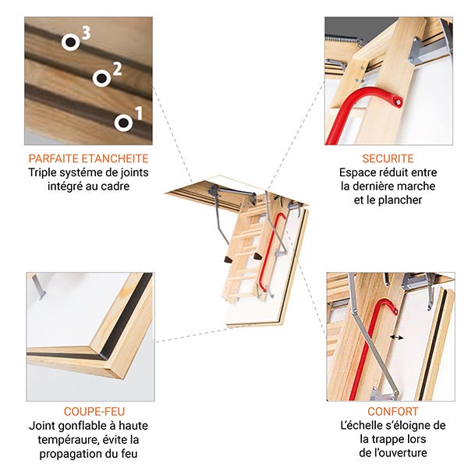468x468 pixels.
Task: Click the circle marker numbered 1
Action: click(122, 122)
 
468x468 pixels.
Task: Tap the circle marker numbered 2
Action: click(101, 78)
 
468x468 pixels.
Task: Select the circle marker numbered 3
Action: click(71, 42)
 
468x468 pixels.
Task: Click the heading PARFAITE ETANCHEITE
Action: click(88, 158)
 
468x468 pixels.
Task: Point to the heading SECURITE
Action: click(388, 158)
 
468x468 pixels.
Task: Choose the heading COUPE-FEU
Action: click(94, 411)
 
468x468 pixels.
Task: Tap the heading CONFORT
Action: click(392, 411)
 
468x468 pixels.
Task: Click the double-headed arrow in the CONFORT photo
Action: click(397, 338)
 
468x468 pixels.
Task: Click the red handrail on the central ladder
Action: click(273, 250)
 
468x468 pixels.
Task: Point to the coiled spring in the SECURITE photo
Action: click(343, 37)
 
